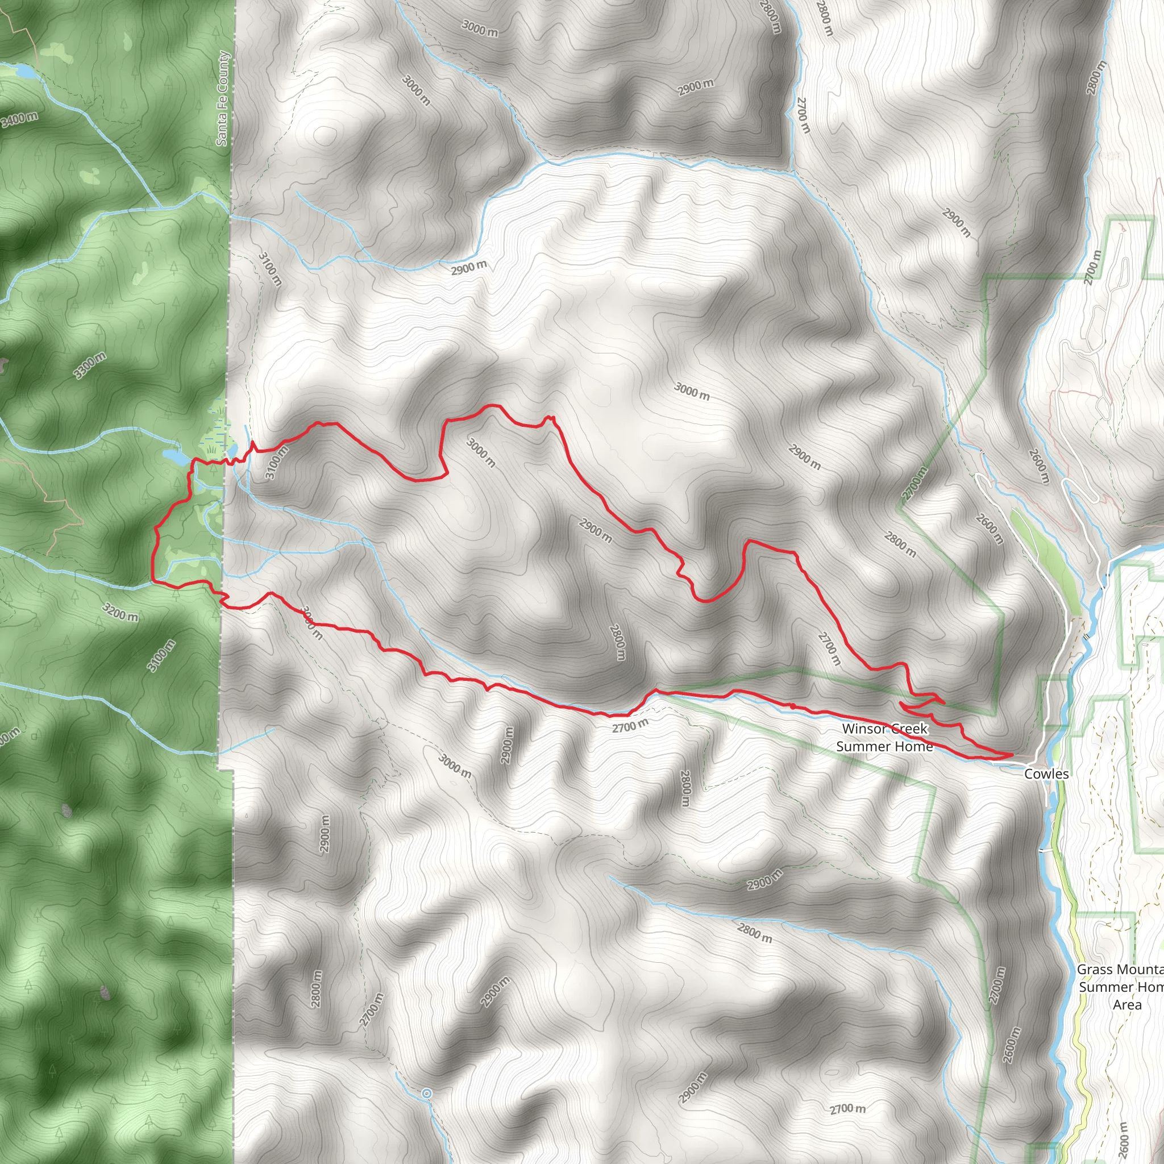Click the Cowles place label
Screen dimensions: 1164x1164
(x=1046, y=774)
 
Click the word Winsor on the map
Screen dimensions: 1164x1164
(x=864, y=729)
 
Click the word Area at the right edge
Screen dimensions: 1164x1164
(x=1126, y=1004)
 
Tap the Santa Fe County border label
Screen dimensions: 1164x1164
(x=222, y=98)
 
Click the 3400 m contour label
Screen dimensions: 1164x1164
(x=19, y=119)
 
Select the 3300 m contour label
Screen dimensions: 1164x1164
(x=90, y=365)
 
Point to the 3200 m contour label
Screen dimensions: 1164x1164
(x=120, y=612)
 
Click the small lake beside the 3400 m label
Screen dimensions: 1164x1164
(x=26, y=71)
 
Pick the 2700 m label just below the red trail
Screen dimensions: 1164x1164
(x=630, y=726)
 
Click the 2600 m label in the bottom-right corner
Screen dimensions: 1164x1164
(x=1122, y=1140)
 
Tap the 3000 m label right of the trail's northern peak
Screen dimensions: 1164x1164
(x=692, y=392)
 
